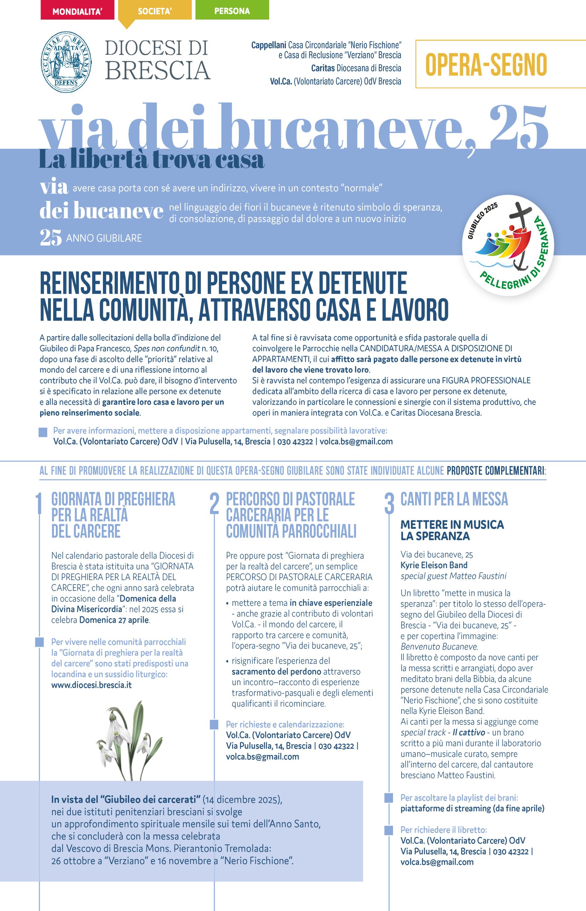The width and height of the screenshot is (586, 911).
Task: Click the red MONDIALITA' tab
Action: click(x=77, y=11)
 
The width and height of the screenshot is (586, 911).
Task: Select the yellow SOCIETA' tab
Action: click(x=155, y=11)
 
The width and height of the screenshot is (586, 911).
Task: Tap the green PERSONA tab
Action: click(x=232, y=11)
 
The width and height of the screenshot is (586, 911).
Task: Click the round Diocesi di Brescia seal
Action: click(x=66, y=60)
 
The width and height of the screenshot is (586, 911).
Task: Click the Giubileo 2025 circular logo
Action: click(x=508, y=245)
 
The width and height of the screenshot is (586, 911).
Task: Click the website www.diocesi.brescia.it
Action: click(x=91, y=685)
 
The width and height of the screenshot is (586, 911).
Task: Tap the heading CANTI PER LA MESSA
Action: click(x=454, y=499)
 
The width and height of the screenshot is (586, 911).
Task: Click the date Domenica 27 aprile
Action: click(x=114, y=620)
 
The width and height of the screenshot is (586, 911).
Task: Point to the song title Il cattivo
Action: click(x=469, y=732)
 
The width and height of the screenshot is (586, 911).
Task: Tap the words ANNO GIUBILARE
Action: click(x=104, y=238)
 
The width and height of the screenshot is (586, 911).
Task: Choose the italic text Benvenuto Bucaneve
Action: click(x=439, y=646)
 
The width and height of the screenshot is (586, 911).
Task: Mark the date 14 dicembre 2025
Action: click(x=242, y=800)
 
